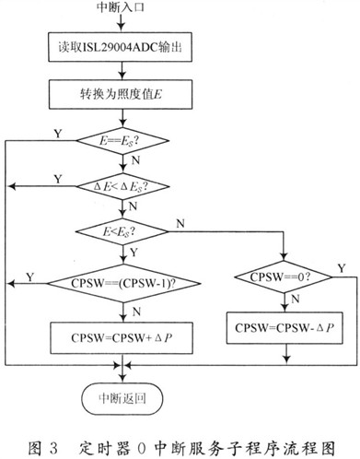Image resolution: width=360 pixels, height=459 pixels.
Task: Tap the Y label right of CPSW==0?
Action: click(x=343, y=265)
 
